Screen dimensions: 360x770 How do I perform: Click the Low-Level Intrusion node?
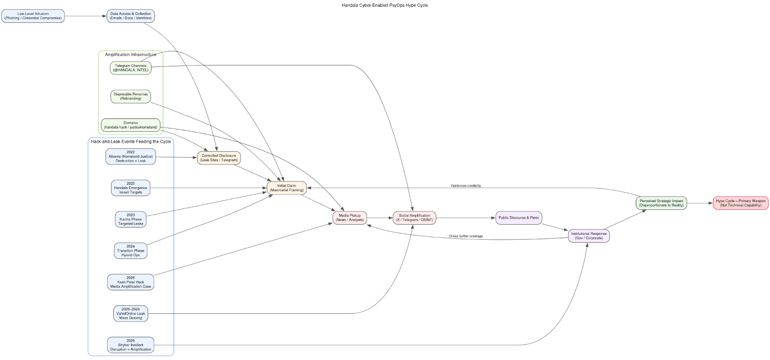pos(33,16)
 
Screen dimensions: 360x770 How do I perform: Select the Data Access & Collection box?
pos(130,16)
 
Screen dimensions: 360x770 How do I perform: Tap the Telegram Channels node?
pos(130,68)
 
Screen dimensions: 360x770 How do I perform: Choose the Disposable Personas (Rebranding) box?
pos(130,96)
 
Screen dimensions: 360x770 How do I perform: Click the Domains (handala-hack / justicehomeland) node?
pos(130,125)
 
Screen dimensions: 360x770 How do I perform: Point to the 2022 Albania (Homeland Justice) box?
pos(130,156)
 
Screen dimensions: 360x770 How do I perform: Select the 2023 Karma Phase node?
pos(130,219)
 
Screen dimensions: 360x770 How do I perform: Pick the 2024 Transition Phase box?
pos(130,251)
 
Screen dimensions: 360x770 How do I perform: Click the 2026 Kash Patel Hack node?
pos(130,282)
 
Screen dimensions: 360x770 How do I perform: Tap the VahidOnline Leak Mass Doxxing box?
pos(130,313)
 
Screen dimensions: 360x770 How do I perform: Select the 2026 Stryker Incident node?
pos(130,345)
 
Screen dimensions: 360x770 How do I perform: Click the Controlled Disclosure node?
pos(218,158)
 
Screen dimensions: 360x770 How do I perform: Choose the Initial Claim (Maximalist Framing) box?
pos(286,188)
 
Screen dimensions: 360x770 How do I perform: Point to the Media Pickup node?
pos(349,218)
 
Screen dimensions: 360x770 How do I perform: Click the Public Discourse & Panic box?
pos(518,218)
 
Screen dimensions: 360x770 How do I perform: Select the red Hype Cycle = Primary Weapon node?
pos(740,203)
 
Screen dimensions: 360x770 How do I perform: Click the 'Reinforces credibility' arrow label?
pos(465,185)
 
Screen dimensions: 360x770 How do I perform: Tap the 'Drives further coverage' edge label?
pos(465,236)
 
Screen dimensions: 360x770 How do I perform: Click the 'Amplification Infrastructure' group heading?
pos(130,54)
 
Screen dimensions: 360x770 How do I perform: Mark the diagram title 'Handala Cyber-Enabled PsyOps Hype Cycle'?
pos(385,5)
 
